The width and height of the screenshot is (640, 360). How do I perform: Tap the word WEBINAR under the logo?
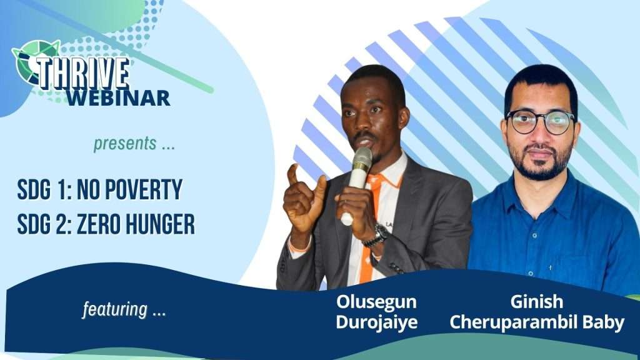click(118, 98)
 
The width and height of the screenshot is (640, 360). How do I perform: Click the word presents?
click(125, 144)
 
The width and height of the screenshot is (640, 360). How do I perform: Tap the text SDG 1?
click(44, 190)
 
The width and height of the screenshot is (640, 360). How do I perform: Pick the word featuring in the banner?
click(115, 309)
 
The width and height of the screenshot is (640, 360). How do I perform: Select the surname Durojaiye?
click(377, 322)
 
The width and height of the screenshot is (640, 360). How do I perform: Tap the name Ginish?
click(537, 302)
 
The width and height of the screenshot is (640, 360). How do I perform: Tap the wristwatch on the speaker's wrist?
click(377, 236)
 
